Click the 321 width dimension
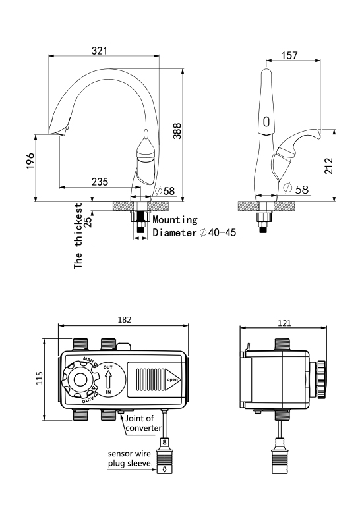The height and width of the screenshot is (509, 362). click(99, 51)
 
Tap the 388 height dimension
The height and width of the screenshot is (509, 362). click(177, 131)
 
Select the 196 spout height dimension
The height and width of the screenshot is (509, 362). click(30, 161)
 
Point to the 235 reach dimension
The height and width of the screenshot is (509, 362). click(100, 182)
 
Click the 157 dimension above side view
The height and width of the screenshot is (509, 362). click(289, 55)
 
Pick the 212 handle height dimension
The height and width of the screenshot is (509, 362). click(329, 166)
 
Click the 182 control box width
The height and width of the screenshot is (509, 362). click(125, 320)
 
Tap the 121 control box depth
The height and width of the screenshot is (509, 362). click(284, 323)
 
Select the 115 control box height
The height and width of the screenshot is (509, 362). click(40, 378)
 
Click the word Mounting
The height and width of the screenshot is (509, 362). click(175, 220)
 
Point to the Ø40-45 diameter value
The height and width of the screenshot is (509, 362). click(218, 232)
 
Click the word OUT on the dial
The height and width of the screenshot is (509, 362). click(108, 367)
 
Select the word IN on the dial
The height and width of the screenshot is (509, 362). click(108, 392)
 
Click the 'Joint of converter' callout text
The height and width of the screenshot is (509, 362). click(143, 423)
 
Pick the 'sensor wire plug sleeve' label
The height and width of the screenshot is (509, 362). click(129, 458)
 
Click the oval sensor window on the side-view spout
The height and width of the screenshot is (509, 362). click(266, 122)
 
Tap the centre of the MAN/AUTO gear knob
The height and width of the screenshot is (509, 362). click(80, 379)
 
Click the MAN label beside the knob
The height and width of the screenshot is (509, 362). click(88, 360)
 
